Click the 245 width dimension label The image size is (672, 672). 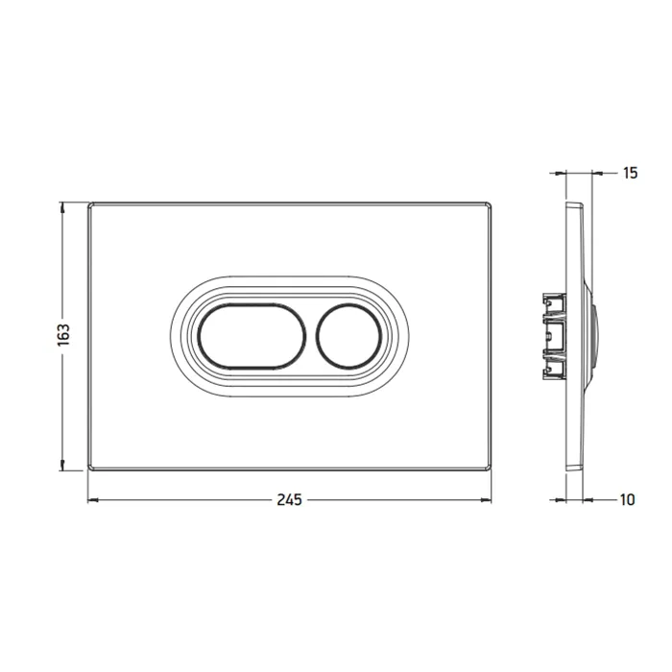(289, 500)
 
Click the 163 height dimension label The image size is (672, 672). (63, 335)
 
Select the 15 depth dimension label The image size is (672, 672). (630, 173)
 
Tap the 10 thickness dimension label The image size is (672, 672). (627, 500)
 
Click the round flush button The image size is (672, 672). (348, 336)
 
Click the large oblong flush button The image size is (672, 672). (252, 336)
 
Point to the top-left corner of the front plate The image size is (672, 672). (88, 204)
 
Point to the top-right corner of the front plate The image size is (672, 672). (491, 204)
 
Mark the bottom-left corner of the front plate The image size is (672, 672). (88, 469)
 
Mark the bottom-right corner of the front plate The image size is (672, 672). (491, 469)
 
